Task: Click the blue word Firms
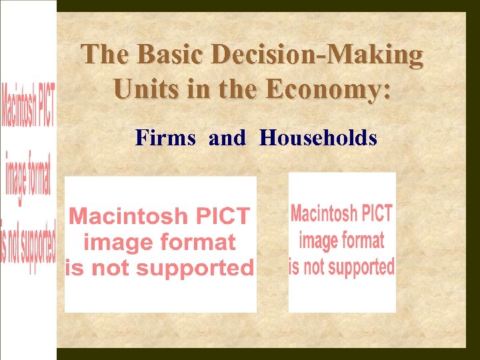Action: pos(165,138)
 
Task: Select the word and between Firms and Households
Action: pos(227,138)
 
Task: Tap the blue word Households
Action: pos(319,138)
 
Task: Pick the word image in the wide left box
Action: pos(114,242)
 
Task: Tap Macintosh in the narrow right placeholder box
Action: pos(325,213)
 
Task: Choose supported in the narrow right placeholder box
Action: pos(364,267)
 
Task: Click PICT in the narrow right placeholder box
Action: pos(377,213)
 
